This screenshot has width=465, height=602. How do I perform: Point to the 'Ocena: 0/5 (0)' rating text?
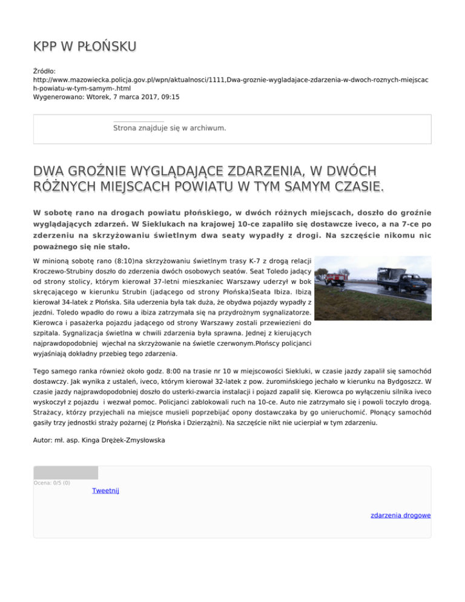52,483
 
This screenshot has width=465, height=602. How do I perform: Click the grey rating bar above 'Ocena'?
65,472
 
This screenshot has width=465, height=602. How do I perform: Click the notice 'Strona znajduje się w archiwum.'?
170,128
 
